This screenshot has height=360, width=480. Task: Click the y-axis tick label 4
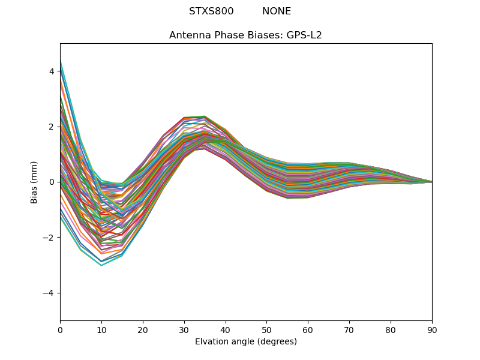point(52,71)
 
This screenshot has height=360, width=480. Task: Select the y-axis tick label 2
point(52,127)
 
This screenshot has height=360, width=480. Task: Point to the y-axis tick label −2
point(49,238)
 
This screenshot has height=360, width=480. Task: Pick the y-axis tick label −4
point(49,293)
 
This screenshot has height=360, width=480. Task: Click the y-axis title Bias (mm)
point(35,182)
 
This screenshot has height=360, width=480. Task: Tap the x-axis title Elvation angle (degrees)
point(246,341)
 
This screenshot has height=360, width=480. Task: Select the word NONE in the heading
point(277,11)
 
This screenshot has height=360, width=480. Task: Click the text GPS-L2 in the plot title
point(304,35)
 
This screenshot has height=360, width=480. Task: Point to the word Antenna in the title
point(189,35)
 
